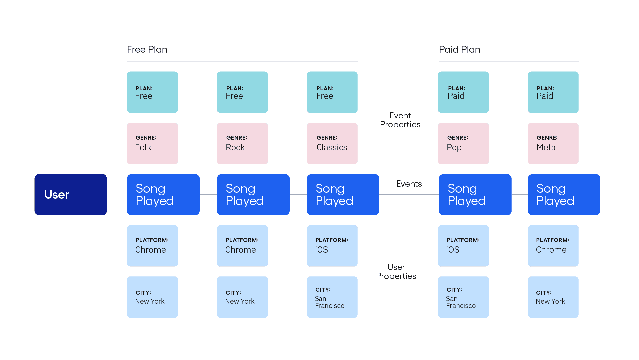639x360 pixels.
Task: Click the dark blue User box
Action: [x=71, y=194]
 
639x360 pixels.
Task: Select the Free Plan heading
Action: [x=147, y=49]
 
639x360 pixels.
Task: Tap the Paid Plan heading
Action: [x=459, y=49]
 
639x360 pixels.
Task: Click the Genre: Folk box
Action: [x=152, y=143]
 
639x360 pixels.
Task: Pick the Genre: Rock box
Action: [x=242, y=143]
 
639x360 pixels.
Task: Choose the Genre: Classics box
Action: [x=332, y=143]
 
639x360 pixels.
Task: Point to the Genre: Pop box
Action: [x=463, y=143]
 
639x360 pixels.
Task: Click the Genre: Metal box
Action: [x=553, y=143]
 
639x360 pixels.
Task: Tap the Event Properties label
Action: [x=400, y=120]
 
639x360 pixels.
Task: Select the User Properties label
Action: [x=396, y=272]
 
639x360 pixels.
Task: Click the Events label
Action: [x=409, y=184]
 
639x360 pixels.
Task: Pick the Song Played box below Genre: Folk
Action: [x=163, y=194]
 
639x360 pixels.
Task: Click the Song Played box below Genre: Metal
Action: [x=564, y=194]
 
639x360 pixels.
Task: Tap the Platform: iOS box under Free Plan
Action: [x=332, y=246]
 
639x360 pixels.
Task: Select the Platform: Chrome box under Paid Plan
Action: [x=553, y=246]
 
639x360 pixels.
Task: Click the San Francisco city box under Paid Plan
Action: [x=463, y=297]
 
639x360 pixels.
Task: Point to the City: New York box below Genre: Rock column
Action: [x=242, y=297]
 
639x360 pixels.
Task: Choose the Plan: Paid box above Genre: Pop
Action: [x=463, y=92]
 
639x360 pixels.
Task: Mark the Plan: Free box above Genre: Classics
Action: [x=332, y=92]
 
